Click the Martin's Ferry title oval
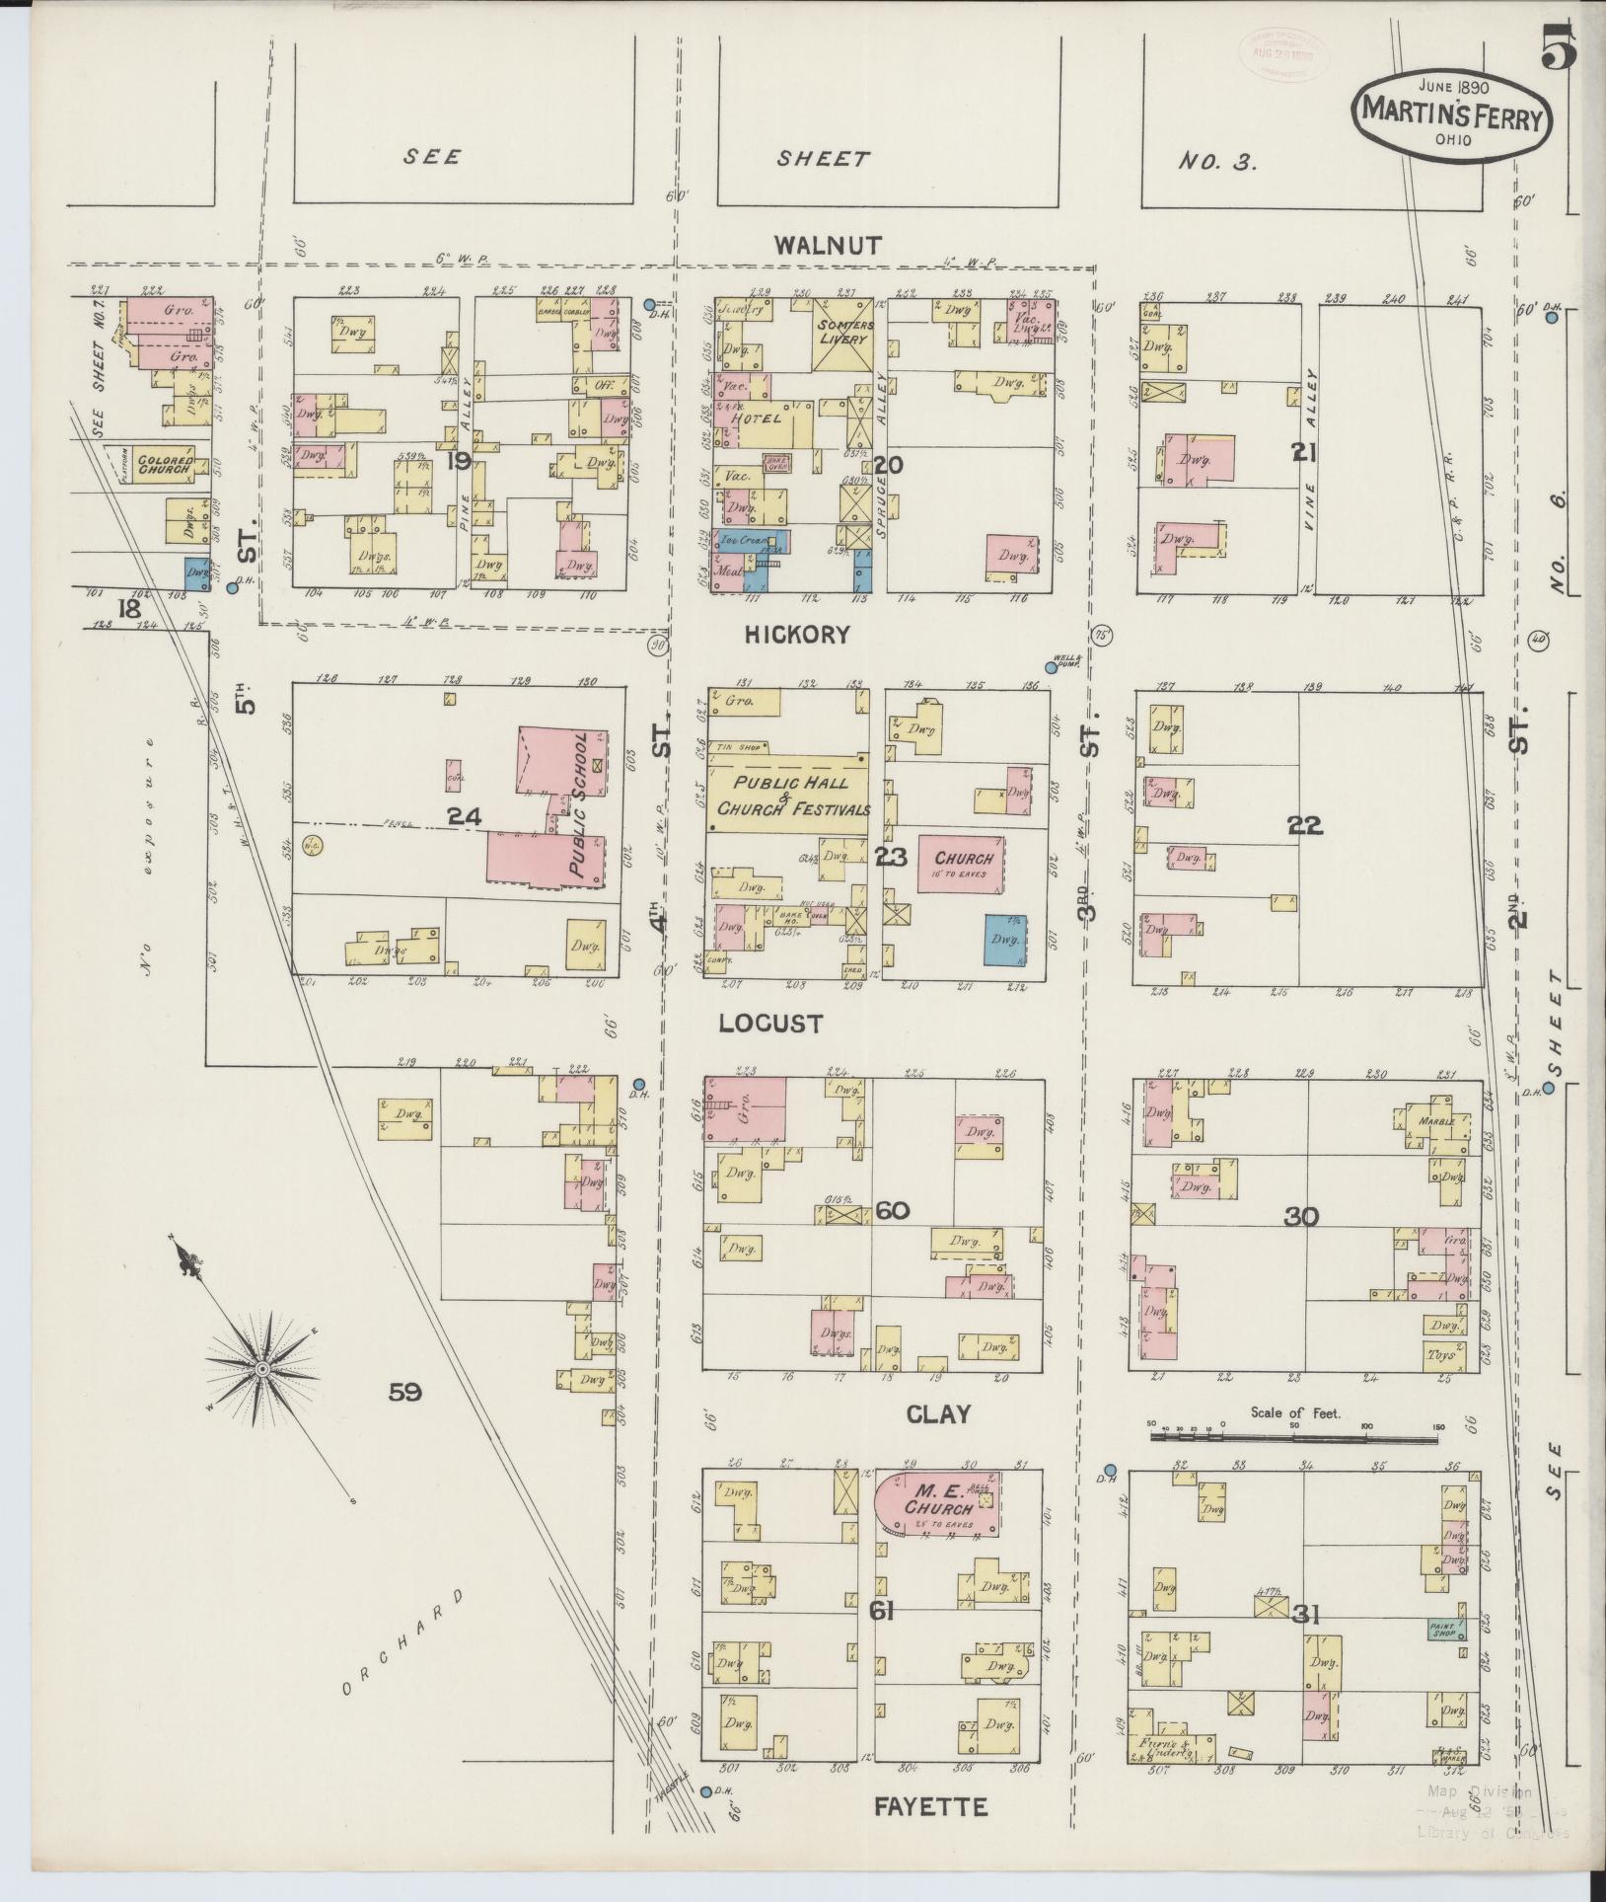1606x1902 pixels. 1450,117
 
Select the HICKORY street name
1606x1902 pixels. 797,635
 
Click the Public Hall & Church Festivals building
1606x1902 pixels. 789,798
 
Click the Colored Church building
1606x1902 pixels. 164,464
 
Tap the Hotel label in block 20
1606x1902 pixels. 758,418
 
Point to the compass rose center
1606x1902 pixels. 262,1369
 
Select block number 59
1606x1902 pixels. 404,1393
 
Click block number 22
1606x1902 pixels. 1304,826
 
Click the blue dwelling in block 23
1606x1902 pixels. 1005,941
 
